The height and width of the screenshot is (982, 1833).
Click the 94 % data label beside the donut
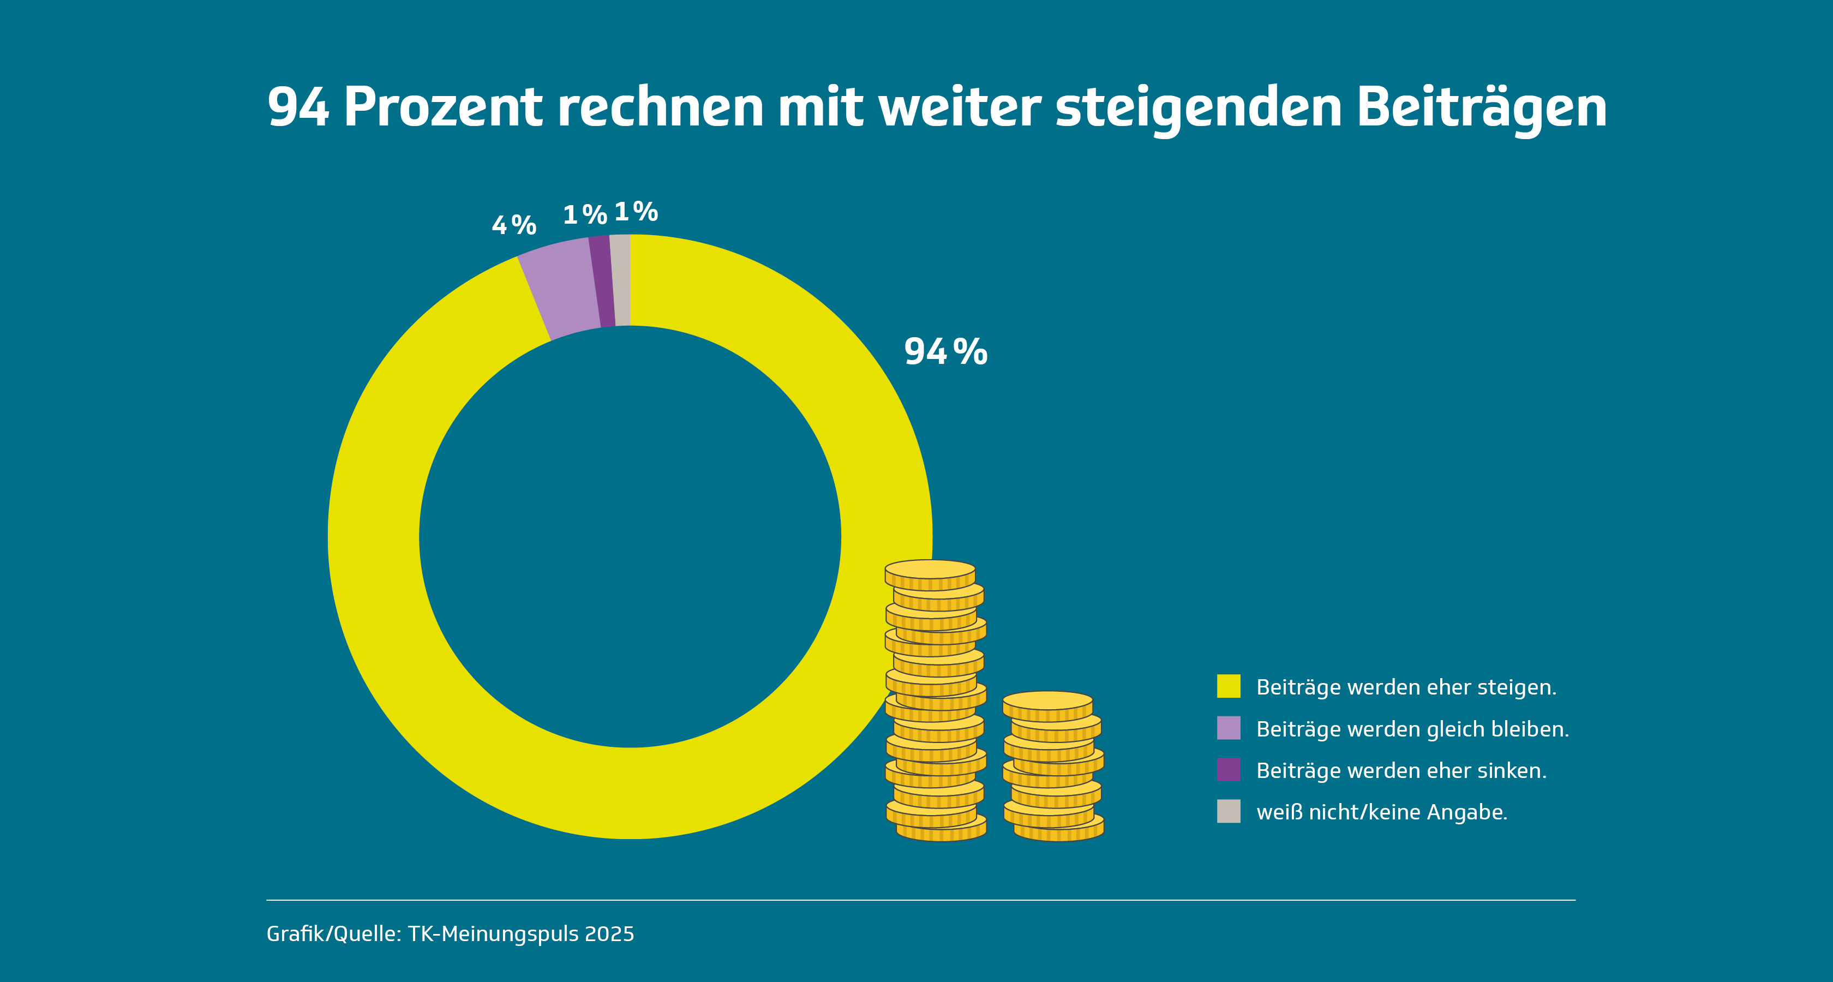pos(945,351)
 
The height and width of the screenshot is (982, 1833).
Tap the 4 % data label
pos(514,225)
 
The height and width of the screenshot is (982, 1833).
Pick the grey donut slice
pos(620,280)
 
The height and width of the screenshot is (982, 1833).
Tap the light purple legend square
pos(1228,728)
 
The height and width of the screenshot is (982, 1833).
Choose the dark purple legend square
pos(1228,770)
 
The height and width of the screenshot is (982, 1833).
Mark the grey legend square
pos(1228,811)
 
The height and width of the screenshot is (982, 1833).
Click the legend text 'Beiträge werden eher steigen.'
pos(1406,687)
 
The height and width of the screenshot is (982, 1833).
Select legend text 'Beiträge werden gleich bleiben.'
pos(1412,729)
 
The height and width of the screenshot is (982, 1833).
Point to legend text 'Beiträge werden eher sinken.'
pos(1401,771)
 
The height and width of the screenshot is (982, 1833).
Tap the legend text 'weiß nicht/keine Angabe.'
pos(1382,812)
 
